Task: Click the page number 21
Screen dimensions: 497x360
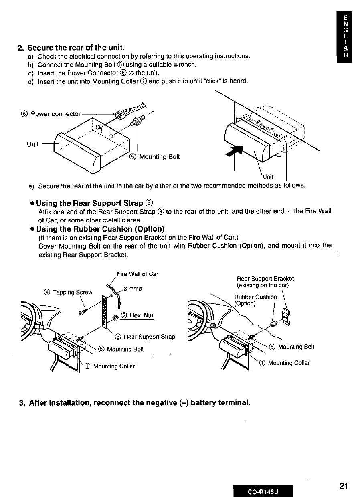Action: [343, 486]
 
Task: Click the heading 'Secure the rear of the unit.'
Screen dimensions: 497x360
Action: [73, 47]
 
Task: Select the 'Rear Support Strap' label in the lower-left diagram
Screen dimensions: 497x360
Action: [149, 337]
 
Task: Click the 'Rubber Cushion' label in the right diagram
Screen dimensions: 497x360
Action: [255, 297]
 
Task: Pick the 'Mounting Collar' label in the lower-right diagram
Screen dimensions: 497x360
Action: [289, 363]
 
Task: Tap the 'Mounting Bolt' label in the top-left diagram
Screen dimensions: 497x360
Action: [159, 157]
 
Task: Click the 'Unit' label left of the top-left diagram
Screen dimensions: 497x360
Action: [33, 145]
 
